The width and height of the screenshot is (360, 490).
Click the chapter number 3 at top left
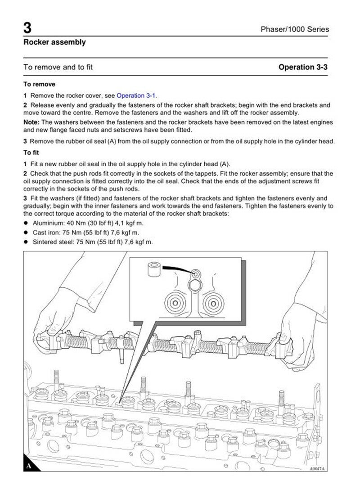(x=27, y=28)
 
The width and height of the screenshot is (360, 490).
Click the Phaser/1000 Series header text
(x=295, y=30)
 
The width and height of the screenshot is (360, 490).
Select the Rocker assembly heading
(x=54, y=43)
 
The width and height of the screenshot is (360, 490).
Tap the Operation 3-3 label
(x=303, y=68)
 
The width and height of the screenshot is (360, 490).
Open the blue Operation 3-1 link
(x=136, y=95)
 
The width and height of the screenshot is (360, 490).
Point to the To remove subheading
(x=40, y=84)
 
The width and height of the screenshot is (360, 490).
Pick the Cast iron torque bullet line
(x=86, y=233)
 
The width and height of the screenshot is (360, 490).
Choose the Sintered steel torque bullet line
(x=93, y=242)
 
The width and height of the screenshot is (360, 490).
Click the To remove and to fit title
(x=58, y=68)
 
